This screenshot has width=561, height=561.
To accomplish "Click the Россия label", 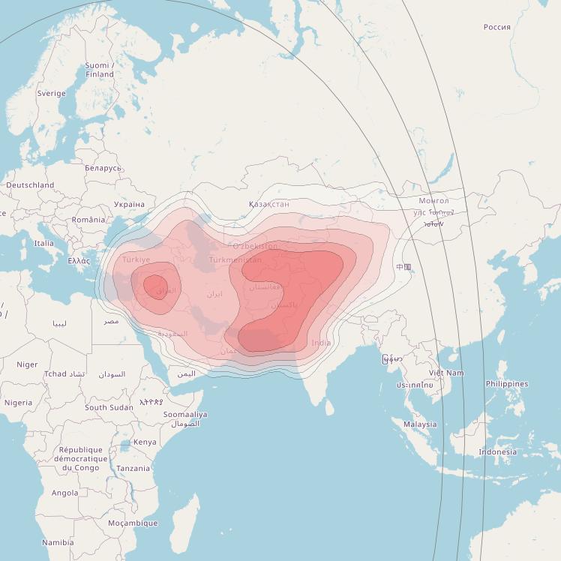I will click(496, 27).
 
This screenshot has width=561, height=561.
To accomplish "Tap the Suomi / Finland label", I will click(99, 70).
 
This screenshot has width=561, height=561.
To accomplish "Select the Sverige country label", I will click(52, 94).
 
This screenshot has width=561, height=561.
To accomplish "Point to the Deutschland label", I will click(30, 184).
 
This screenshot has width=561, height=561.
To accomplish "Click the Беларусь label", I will click(103, 168).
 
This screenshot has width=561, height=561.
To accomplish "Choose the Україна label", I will click(129, 204).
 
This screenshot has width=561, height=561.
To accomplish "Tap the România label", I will click(88, 220).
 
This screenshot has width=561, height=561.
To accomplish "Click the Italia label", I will click(43, 243).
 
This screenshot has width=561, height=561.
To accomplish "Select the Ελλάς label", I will click(79, 261).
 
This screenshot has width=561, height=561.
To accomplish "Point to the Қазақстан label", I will click(268, 204).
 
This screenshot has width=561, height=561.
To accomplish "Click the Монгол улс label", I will click(433, 206).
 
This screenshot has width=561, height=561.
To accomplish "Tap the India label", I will click(321, 343).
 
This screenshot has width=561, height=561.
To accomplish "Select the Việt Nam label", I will click(446, 373).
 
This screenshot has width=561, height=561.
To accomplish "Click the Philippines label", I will click(506, 384).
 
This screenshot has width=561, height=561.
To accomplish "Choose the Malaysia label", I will click(419, 424).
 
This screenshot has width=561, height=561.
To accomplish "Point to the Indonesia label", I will click(497, 451).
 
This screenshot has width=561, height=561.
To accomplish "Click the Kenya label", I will click(145, 442).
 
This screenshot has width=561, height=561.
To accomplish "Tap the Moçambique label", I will click(133, 523).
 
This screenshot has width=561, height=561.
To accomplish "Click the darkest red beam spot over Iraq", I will click(155, 286).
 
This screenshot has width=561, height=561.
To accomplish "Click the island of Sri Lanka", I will click(329, 407).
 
